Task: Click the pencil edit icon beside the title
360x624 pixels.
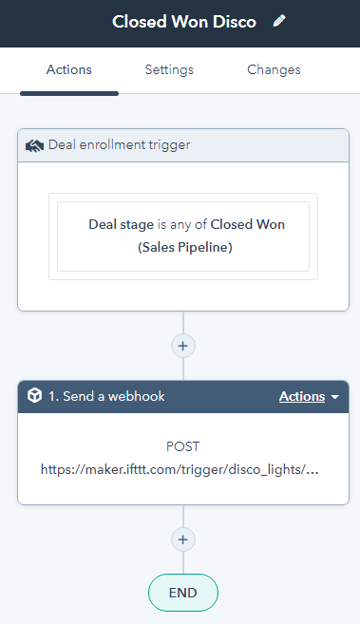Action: tap(279, 21)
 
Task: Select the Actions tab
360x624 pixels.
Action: tap(69, 70)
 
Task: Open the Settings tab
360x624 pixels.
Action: tap(169, 70)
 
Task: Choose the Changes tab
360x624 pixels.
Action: tap(274, 70)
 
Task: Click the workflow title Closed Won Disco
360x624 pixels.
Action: tap(184, 22)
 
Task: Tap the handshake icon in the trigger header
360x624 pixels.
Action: tap(35, 146)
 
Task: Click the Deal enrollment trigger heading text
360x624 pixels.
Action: tap(119, 146)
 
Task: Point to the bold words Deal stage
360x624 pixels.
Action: tap(121, 225)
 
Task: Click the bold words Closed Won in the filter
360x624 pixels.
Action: tap(247, 225)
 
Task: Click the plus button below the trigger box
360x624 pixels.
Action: tap(183, 346)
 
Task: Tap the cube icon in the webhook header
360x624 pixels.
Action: tap(35, 397)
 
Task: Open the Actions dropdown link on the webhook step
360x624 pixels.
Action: tap(302, 397)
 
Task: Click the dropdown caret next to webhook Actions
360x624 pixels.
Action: tap(334, 398)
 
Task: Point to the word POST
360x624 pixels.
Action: tap(183, 446)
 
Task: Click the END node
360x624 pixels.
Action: tap(183, 593)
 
